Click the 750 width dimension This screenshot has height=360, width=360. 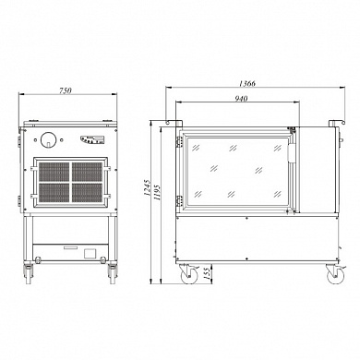coord(66,90)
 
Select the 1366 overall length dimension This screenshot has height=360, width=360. coord(247,83)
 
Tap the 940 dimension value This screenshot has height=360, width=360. coord(241,99)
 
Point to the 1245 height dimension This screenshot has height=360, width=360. coord(147,187)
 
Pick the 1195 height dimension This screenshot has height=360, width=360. coord(157,193)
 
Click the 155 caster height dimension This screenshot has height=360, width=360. coord(207,273)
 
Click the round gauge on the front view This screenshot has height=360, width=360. coord(48,139)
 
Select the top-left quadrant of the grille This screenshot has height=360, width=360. coord(54,172)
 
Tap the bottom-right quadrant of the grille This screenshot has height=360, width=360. coord(87,193)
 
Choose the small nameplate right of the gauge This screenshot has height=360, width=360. coord(91,139)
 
